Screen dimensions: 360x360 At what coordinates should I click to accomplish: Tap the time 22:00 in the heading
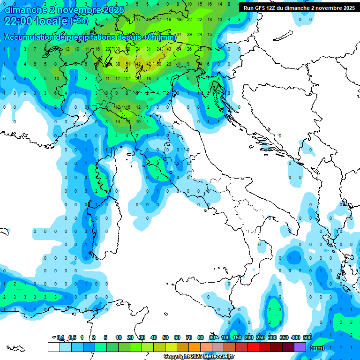(x=19, y=21)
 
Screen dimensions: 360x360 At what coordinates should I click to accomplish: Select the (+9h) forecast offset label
(x=79, y=21)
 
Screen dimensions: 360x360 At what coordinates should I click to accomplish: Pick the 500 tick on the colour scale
(x=307, y=337)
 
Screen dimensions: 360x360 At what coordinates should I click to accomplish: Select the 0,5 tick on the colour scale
(x=73, y=337)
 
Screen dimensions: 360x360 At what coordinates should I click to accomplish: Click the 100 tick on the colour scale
(x=225, y=337)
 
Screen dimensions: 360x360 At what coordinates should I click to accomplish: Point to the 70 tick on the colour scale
(x=189, y=337)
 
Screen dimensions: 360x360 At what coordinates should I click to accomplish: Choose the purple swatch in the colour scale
(x=300, y=347)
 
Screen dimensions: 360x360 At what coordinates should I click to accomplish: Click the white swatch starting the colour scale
(x=53, y=347)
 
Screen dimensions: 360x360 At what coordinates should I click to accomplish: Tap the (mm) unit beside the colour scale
(x=317, y=348)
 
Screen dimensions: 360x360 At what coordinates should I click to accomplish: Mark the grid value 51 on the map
(x=128, y=64)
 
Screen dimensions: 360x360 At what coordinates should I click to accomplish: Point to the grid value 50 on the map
(x=158, y=64)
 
